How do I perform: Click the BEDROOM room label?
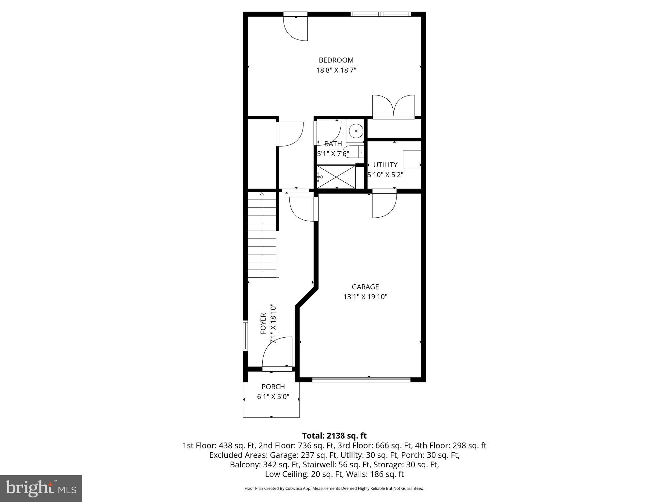pyautogui.click(x=336, y=60)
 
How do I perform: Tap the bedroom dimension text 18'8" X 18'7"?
pyautogui.click(x=336, y=70)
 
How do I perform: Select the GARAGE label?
pyautogui.click(x=365, y=287)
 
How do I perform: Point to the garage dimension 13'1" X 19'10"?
pyautogui.click(x=365, y=297)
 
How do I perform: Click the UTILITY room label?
pyautogui.click(x=385, y=165)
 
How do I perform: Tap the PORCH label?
pyautogui.click(x=273, y=387)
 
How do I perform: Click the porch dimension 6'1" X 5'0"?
pyautogui.click(x=273, y=397)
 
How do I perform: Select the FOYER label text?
pyautogui.click(x=263, y=324)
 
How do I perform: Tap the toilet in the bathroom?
pyautogui.click(x=352, y=152)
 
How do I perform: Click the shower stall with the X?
pyautogui.click(x=336, y=176)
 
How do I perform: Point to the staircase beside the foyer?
pyautogui.click(x=262, y=235)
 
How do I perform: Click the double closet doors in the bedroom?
pyautogui.click(x=394, y=106)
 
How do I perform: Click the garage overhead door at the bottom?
pyautogui.click(x=361, y=379)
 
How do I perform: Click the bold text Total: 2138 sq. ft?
pyautogui.click(x=334, y=436)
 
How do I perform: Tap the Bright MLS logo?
pyautogui.click(x=41, y=488)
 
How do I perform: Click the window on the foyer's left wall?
pyautogui.click(x=245, y=336)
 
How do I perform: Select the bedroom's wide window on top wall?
pyautogui.click(x=381, y=14)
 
